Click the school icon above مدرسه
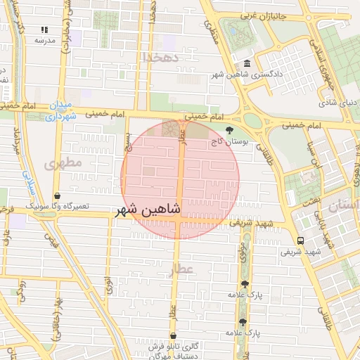44,30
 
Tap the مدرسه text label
44,40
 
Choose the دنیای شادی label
335,103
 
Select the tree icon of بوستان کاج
229,130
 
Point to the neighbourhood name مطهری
63,163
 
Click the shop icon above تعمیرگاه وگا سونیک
57,196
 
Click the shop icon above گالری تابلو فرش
173,336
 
